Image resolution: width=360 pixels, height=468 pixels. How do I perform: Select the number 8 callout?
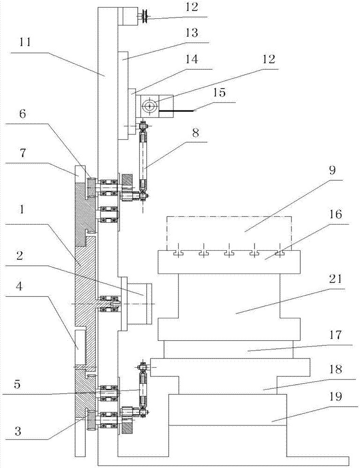point(195,132)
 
